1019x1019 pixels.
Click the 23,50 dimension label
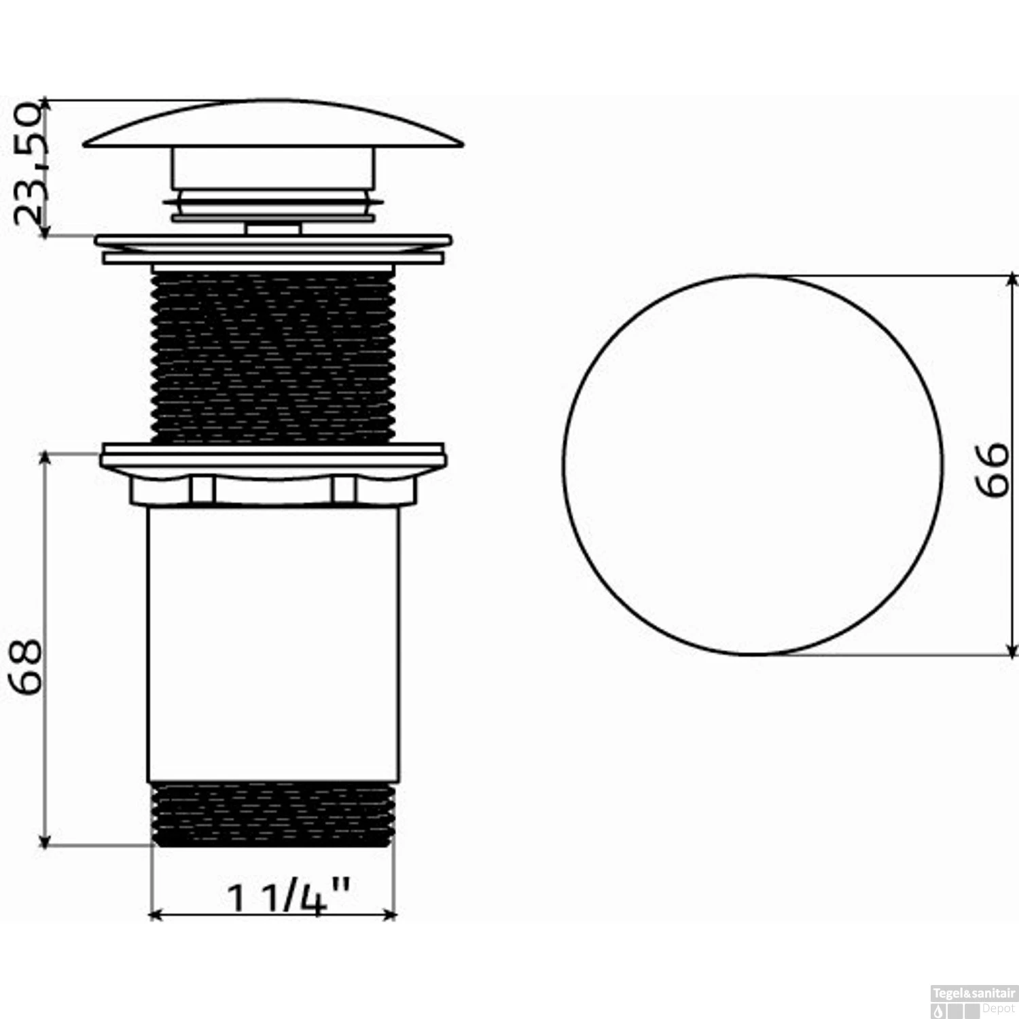pos(33,165)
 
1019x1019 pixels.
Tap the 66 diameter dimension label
pos(992,469)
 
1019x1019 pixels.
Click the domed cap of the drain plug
pos(273,124)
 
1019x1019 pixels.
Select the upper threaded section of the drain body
pos(272,355)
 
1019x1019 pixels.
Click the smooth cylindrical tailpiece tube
pos(272,643)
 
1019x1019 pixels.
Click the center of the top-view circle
pos(753,465)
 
